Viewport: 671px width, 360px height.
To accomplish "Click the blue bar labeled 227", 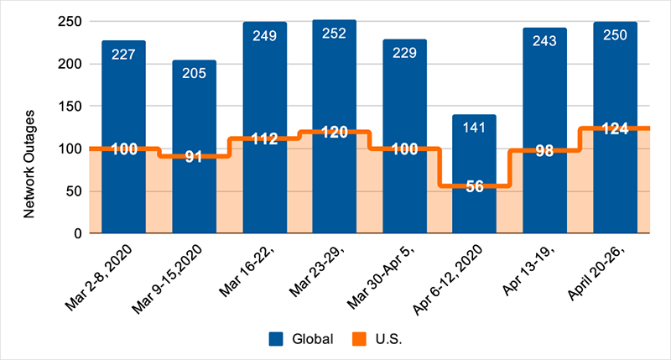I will point(123,109).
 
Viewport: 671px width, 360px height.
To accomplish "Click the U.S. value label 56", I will point(474,186).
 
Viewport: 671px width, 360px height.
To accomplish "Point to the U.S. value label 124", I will point(615,129).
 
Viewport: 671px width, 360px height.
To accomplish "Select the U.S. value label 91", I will point(194,157).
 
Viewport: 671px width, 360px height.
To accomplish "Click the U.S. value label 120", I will point(334,133).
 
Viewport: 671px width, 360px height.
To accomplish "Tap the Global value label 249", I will point(264,36).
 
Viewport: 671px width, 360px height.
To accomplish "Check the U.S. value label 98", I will point(544,152).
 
